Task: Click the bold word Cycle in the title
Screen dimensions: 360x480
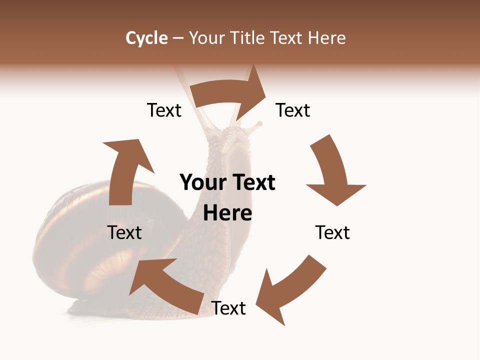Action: [x=146, y=38]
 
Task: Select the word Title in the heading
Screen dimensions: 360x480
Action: [x=248, y=38]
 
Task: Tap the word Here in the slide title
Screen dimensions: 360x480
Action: [x=326, y=38]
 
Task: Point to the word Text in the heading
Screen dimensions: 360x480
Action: [x=287, y=38]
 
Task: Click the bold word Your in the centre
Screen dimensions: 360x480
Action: [x=200, y=183]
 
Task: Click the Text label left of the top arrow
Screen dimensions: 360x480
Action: [x=164, y=110]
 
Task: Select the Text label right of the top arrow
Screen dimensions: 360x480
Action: [x=293, y=110]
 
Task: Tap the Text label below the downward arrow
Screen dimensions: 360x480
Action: [x=332, y=233]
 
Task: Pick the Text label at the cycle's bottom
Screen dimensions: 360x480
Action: [x=228, y=308]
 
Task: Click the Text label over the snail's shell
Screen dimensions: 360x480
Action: [x=125, y=233]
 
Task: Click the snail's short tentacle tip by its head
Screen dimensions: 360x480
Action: [x=258, y=123]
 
